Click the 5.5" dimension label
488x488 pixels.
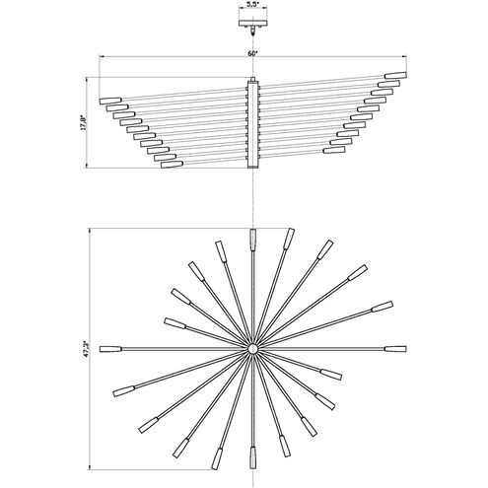(252, 5)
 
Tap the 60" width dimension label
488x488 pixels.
(252, 53)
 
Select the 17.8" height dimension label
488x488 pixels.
(83, 122)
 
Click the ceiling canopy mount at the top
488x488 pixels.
(252, 24)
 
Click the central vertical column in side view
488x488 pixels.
(252, 124)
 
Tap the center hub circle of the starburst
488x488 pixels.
(252, 349)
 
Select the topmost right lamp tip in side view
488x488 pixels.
(395, 75)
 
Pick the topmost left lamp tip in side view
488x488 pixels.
(110, 101)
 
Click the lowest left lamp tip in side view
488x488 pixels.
(172, 165)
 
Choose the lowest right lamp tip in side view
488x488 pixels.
(334, 150)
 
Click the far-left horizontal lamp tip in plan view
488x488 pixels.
(110, 349)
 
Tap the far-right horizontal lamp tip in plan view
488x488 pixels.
(395, 349)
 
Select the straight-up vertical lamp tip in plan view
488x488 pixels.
(252, 240)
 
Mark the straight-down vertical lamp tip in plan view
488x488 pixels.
(252, 457)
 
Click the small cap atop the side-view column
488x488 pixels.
(252, 79)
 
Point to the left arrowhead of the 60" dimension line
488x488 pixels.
(102, 56)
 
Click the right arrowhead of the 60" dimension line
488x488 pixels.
(404, 56)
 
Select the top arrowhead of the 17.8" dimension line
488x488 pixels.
(87, 80)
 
